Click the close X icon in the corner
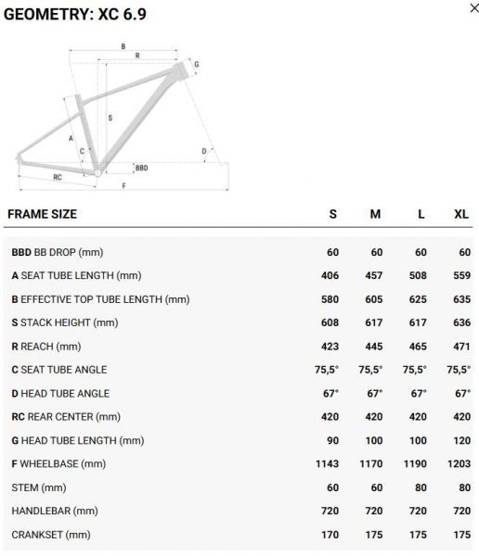tap(474, 7)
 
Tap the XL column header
tap(461, 214)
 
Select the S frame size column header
tap(332, 214)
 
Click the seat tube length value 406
tap(330, 275)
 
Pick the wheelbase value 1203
tap(460, 464)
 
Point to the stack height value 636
tap(461, 322)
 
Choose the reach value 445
tap(374, 346)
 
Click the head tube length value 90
tap(332, 440)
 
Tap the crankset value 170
tap(330, 535)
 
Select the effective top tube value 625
tap(418, 299)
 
